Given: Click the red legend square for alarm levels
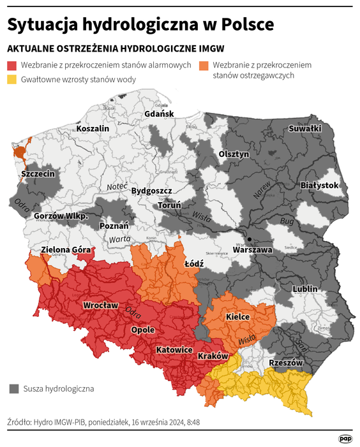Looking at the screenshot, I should (x=12, y=66).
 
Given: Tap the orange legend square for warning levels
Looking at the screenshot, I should (x=204, y=66).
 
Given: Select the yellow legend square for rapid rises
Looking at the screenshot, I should (x=12, y=80).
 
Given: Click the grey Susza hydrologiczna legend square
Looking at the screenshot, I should (x=14, y=388).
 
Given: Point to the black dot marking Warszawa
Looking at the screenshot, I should (x=250, y=240).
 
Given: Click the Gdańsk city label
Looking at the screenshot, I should (x=159, y=114).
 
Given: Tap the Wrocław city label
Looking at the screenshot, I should (x=100, y=305).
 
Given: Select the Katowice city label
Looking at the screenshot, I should (x=174, y=350).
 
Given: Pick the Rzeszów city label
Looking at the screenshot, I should (x=285, y=362).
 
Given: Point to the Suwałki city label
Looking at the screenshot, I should (x=305, y=128).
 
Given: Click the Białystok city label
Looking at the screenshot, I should (x=319, y=185).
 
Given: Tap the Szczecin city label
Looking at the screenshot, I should (x=38, y=173).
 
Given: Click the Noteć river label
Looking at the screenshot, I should (x=117, y=186).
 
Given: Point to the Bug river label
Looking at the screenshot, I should (x=287, y=221).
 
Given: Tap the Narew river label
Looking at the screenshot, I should (x=262, y=188).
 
